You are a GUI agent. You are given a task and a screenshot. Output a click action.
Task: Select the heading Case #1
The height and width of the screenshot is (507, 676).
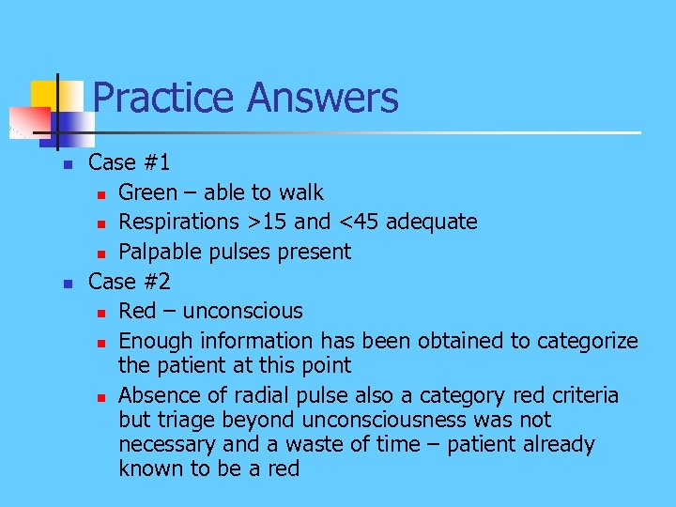(x=129, y=162)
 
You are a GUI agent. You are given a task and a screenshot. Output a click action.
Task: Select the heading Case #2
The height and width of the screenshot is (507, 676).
(x=129, y=281)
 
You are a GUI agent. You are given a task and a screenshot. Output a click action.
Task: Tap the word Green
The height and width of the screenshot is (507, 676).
(x=147, y=192)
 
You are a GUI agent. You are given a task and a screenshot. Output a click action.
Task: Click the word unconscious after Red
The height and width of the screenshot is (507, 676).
(x=243, y=311)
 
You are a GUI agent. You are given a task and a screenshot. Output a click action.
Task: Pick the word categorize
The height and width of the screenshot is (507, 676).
(x=588, y=341)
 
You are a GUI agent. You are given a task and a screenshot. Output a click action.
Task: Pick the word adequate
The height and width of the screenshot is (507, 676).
(x=431, y=223)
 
